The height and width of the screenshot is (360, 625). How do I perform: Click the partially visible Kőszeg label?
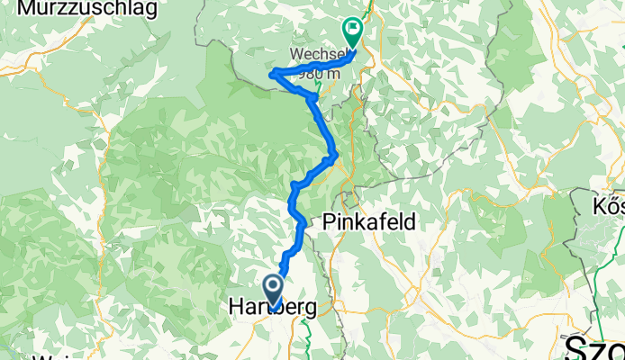tap(609, 208)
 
